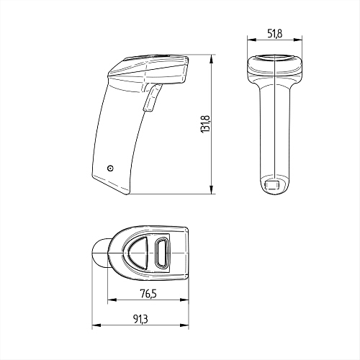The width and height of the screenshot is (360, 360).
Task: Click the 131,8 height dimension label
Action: pos(206,124)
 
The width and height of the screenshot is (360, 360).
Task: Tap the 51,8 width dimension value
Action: pos(275,34)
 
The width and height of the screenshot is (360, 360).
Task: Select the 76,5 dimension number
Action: pos(148,294)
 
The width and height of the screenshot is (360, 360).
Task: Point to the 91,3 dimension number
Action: pos(140,319)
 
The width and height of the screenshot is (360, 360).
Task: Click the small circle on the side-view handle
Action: pos(110,168)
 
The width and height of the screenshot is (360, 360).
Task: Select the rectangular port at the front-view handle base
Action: pos(272,185)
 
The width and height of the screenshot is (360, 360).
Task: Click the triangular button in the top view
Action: pos(139,253)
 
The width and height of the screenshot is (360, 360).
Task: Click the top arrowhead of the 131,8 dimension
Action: pos(211,59)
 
